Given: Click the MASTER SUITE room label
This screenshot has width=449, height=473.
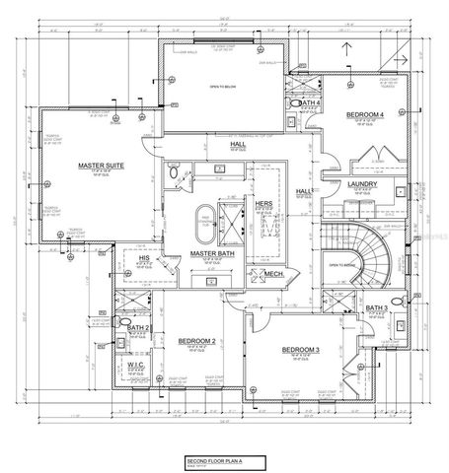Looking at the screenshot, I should (84, 167).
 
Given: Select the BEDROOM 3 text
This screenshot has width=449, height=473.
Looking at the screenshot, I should (300, 350).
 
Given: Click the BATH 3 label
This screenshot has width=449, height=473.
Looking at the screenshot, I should (376, 308).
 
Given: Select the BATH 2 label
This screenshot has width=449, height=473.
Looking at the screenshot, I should (140, 327).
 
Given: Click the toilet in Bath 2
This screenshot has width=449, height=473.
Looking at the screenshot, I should (122, 322).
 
